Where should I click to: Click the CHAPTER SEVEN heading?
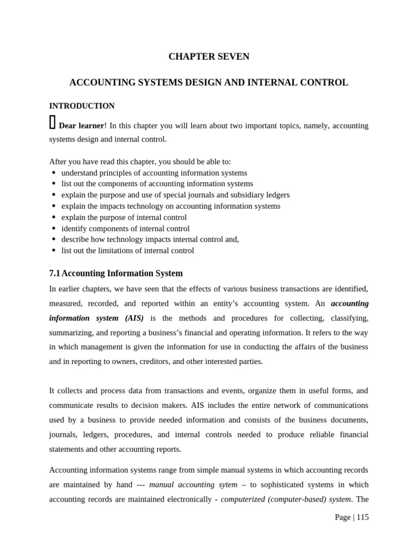pos(209,57)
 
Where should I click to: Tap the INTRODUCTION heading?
pos(82,106)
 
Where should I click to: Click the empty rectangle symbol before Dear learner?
pos(52,123)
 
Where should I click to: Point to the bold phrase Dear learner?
pos(81,126)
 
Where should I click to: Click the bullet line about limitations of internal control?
pos(127,251)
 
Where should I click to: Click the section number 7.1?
pos(54,274)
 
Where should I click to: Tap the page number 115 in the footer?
pos(362,517)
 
